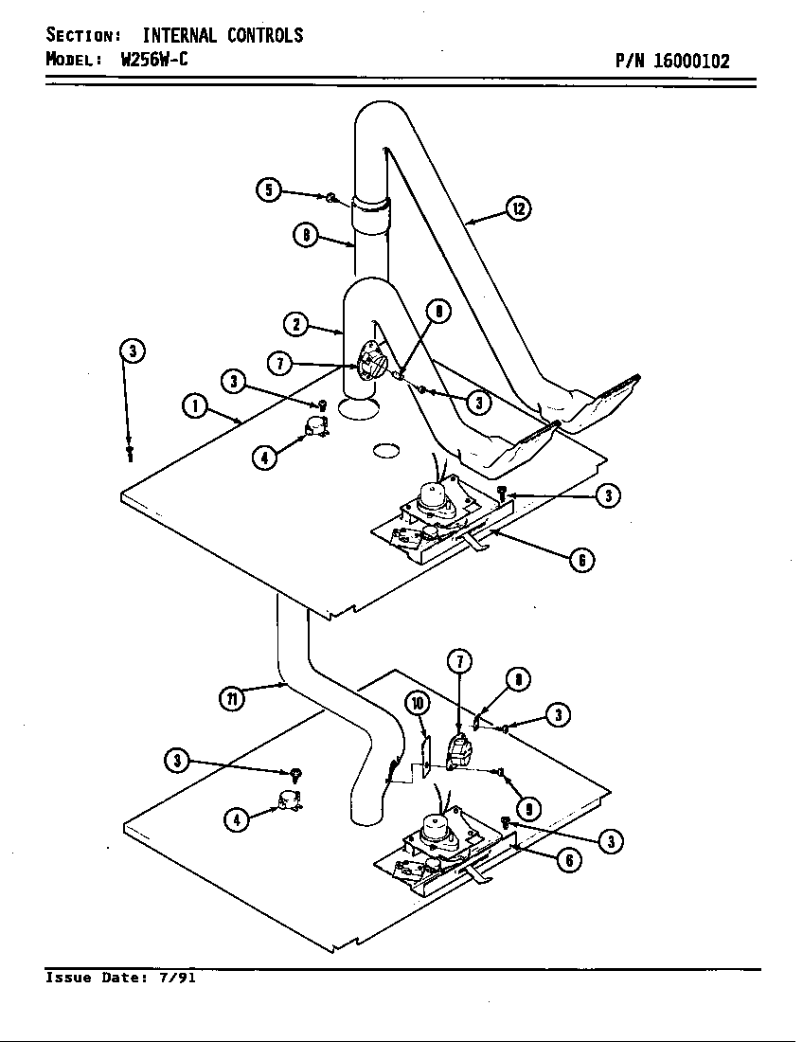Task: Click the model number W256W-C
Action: [155, 59]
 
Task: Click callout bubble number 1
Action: [194, 406]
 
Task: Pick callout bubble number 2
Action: [296, 324]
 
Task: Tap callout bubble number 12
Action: [518, 208]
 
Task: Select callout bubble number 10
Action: [417, 702]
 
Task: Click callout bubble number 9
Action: [528, 809]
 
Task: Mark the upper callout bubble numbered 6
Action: [581, 560]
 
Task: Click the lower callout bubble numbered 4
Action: [237, 818]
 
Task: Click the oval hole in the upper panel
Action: [386, 451]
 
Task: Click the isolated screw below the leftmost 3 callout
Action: [131, 455]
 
